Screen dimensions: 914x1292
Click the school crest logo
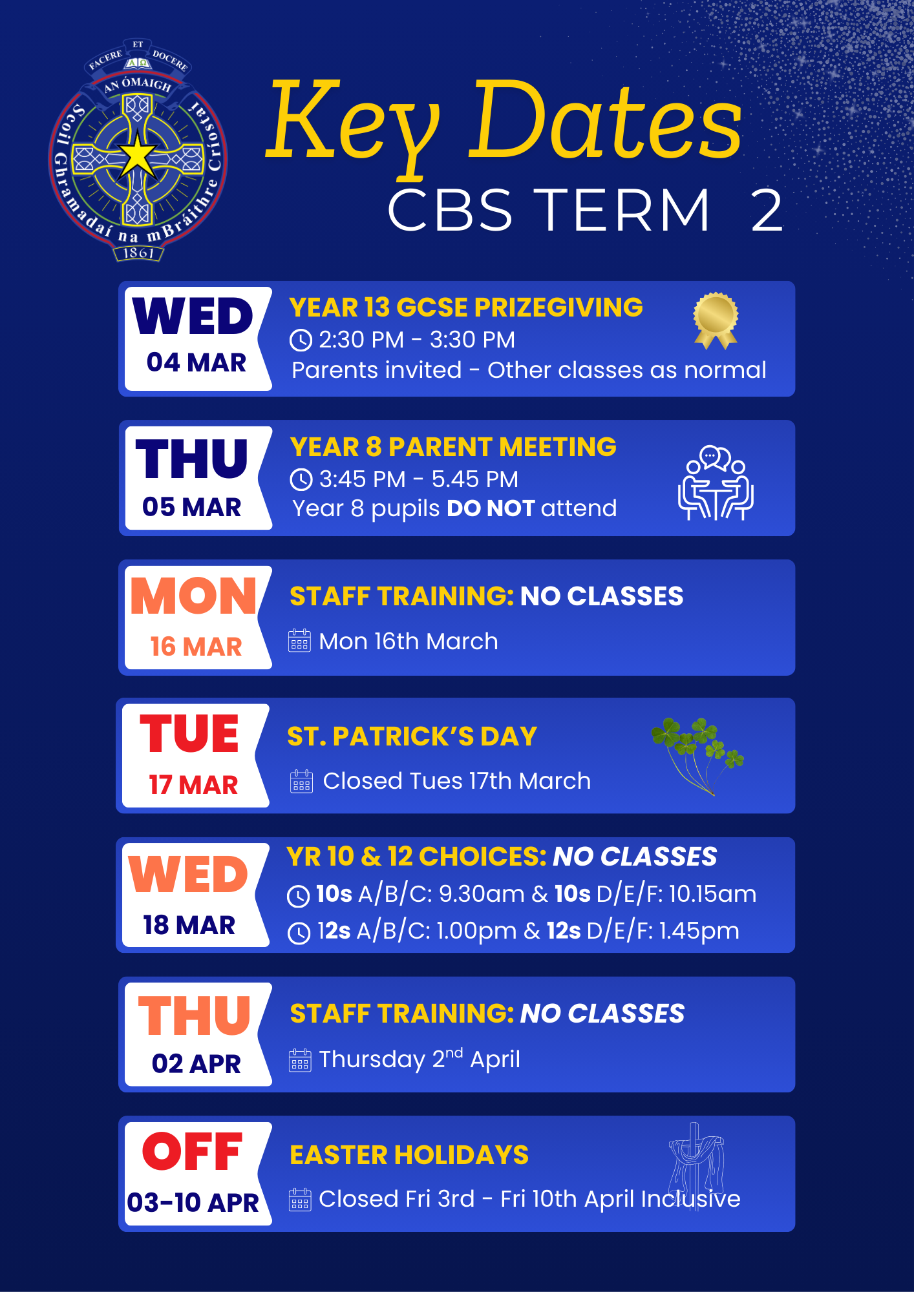[x=138, y=150]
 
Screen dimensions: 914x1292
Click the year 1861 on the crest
[x=138, y=253]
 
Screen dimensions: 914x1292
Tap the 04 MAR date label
[x=197, y=362]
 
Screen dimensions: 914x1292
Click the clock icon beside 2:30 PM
[x=301, y=340]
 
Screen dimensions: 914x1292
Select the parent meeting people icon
[x=716, y=483]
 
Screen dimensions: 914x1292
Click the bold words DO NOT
[x=491, y=508]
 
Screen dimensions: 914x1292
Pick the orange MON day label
[x=194, y=596]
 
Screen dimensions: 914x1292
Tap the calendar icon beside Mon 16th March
[x=299, y=641]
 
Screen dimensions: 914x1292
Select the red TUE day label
[x=189, y=734]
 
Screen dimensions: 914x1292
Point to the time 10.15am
[x=712, y=894]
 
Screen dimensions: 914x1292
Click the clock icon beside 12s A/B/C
[x=299, y=933]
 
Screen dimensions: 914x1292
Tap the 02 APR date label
[x=197, y=1063]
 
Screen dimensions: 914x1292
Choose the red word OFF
[x=193, y=1152]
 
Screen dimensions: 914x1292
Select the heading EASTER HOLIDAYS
[x=409, y=1155]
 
